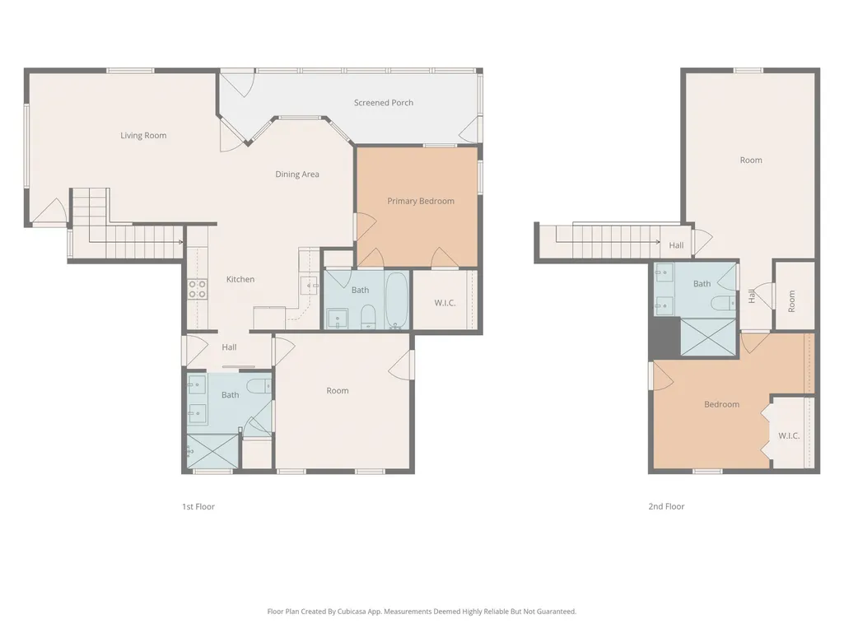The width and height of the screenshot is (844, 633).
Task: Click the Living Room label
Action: click(143, 136)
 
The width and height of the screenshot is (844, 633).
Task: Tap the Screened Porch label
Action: click(383, 102)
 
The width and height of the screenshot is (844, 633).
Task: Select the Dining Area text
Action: click(297, 175)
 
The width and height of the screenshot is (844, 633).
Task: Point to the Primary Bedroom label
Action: click(421, 202)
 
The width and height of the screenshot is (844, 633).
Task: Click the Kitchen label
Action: click(240, 279)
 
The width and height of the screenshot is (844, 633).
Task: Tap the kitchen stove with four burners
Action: click(197, 289)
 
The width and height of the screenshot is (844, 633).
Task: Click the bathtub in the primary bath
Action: click(397, 300)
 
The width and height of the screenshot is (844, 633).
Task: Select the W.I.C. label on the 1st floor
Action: click(445, 303)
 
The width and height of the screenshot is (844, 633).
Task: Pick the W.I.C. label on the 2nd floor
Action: click(789, 436)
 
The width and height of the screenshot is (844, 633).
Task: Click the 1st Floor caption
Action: click(198, 506)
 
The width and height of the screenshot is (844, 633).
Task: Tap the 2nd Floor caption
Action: click(666, 506)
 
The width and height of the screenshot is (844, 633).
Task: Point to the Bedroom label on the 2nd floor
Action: click(721, 404)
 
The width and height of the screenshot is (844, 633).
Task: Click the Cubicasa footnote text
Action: click(422, 612)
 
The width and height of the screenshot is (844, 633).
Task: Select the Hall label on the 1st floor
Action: click(229, 347)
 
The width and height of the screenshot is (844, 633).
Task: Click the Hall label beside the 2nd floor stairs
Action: click(676, 245)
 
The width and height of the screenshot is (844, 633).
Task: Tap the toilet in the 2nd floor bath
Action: click(723, 304)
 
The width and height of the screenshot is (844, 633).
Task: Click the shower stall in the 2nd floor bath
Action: click(708, 337)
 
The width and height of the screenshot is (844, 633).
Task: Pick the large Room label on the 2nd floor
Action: click(750, 161)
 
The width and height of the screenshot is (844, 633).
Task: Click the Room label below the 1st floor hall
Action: click(338, 391)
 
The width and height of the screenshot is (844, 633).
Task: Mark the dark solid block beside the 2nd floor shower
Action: click(664, 337)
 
